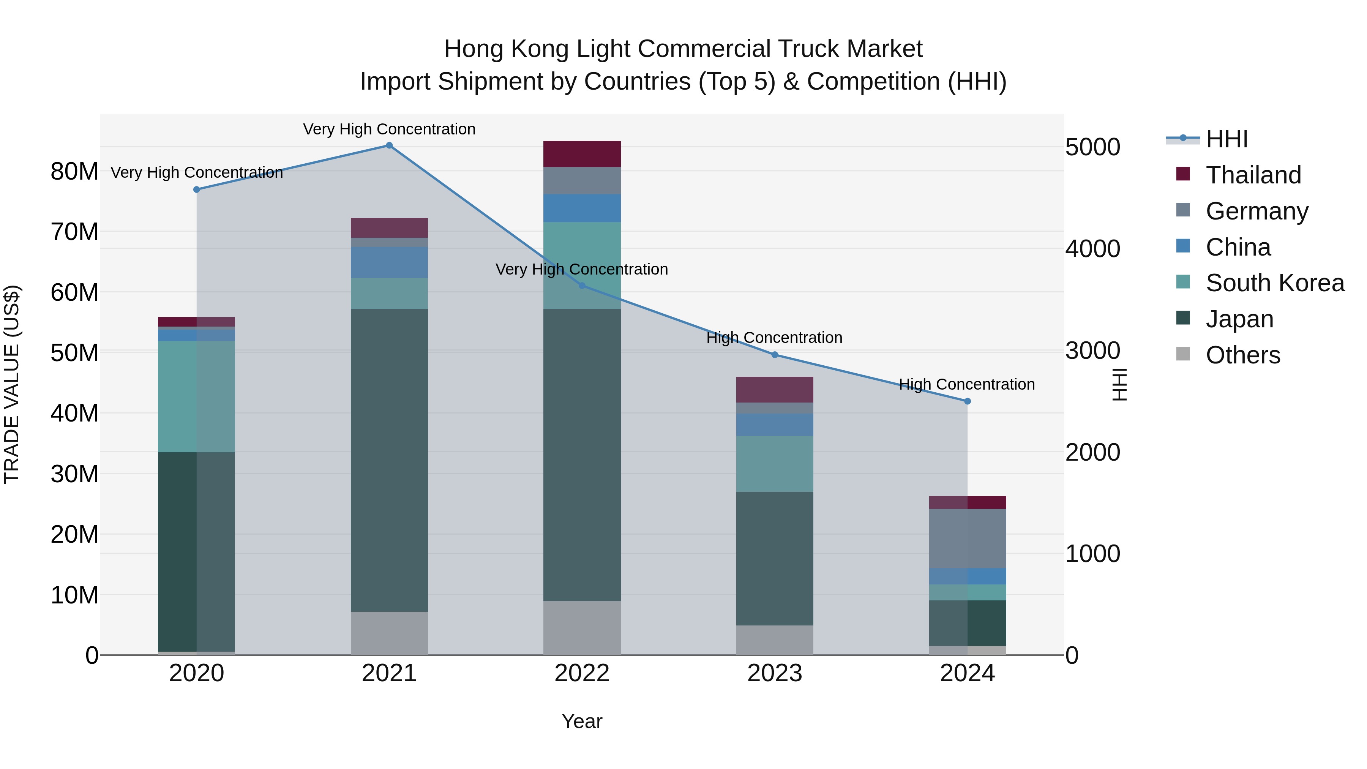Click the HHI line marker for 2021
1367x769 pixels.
coord(389,145)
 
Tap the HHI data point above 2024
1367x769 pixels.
coord(967,401)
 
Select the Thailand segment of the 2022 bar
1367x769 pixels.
coord(582,154)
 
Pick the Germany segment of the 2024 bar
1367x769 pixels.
coord(967,538)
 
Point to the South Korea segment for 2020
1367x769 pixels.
coord(196,396)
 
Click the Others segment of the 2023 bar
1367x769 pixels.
coord(774,640)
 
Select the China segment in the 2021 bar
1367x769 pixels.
coord(389,262)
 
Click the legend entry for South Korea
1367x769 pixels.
coord(1275,283)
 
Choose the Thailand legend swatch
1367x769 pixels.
coord(1183,174)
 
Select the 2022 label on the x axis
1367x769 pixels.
coord(582,673)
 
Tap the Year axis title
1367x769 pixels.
coord(582,721)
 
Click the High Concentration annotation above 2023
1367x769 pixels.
coord(774,338)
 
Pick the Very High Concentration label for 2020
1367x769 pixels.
coord(196,172)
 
